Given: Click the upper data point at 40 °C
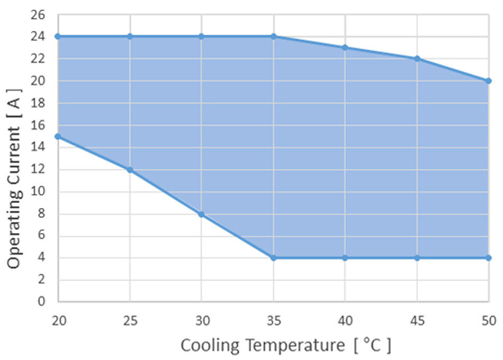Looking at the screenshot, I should coord(345,48).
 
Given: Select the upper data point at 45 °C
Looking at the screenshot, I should coord(417,59).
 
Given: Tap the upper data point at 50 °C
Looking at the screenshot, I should coord(488,81).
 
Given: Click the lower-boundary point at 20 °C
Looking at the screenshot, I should coord(58,136).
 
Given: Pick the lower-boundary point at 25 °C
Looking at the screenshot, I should coord(130,169).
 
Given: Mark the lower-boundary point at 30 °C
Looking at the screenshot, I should coord(201,214).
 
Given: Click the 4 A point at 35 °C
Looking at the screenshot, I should coord(273,258).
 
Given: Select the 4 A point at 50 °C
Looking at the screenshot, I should coord(488,258).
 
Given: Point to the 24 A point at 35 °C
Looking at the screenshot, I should coord(273,37).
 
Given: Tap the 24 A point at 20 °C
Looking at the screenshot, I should coord(58,37).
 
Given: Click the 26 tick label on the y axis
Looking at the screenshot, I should coord(40,14).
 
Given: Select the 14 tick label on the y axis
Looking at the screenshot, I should coord(40,147).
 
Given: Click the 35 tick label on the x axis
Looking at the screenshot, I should coord(273,320).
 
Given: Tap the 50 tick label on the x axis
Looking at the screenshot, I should coord(488,320).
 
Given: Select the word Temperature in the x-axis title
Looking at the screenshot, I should coord(295,345).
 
